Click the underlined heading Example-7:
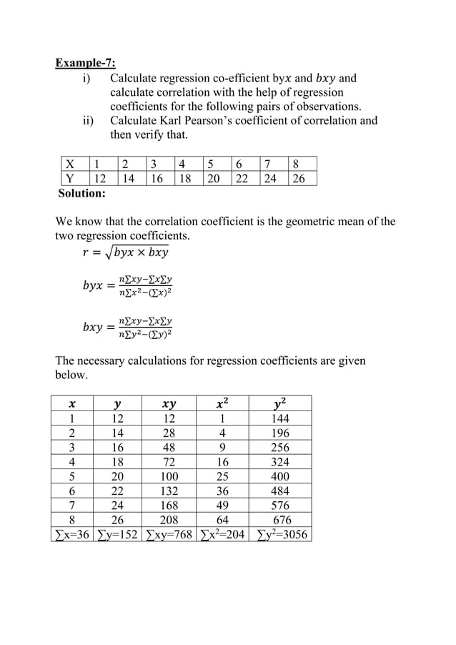pyautogui.click(x=85, y=63)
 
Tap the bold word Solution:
pyautogui.click(x=81, y=193)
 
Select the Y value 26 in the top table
pyautogui.click(x=299, y=179)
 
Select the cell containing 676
pyautogui.click(x=281, y=520)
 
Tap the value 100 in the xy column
pyautogui.click(x=169, y=476)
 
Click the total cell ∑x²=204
pyautogui.click(x=223, y=534)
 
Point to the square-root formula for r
pyautogui.click(x=125, y=253)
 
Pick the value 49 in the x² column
pyautogui.click(x=223, y=505)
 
